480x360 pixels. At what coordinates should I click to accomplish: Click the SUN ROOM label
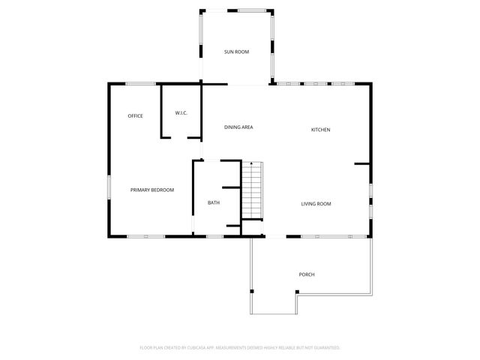pyautogui.click(x=236, y=52)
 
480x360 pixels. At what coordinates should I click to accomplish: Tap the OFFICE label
pyautogui.click(x=135, y=115)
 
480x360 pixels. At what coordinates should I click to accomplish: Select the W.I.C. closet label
pyautogui.click(x=181, y=113)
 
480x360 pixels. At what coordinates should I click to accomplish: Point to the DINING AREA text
pyautogui.click(x=238, y=127)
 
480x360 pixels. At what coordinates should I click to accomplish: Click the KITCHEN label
pyautogui.click(x=320, y=130)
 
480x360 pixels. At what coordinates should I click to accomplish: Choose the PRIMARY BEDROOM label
pyautogui.click(x=152, y=190)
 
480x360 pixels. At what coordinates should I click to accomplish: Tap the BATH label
pyautogui.click(x=214, y=202)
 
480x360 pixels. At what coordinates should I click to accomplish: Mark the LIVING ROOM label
pyautogui.click(x=316, y=204)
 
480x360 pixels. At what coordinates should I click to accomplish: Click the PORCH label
pyautogui.click(x=307, y=274)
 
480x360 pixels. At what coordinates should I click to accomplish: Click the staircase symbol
pyautogui.click(x=252, y=190)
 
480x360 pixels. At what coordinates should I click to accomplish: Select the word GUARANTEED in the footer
pyautogui.click(x=323, y=348)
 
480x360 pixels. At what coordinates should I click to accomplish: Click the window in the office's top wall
pyautogui.click(x=136, y=83)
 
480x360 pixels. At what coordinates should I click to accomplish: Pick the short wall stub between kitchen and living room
pyautogui.click(x=361, y=163)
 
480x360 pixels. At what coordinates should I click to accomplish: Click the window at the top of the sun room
pyautogui.click(x=250, y=10)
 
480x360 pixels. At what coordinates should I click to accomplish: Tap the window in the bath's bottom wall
pyautogui.click(x=214, y=236)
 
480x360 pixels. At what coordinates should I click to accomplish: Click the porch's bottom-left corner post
pyautogui.click(x=253, y=291)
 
